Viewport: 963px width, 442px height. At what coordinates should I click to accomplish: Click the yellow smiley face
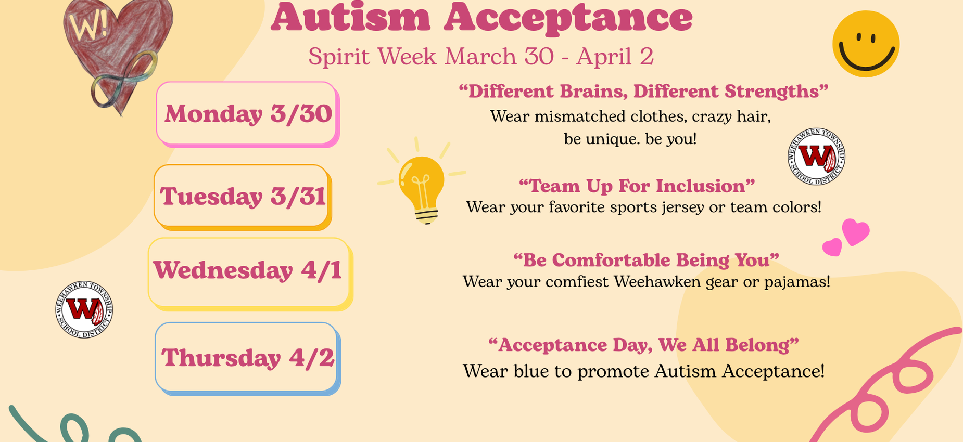(866, 44)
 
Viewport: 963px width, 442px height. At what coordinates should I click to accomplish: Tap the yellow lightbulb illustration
(422, 187)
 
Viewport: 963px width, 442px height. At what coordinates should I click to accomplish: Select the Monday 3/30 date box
(247, 114)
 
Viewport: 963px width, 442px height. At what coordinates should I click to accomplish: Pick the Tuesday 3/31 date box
(242, 197)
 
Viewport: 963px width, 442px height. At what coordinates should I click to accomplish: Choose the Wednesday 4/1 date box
(249, 272)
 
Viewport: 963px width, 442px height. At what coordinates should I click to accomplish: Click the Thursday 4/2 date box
(247, 358)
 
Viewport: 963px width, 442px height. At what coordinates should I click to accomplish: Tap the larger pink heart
(856, 231)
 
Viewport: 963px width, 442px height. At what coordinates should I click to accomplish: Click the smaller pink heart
(832, 247)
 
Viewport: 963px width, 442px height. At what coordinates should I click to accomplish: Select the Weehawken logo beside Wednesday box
(84, 310)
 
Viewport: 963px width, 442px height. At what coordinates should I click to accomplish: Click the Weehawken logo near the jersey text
(816, 157)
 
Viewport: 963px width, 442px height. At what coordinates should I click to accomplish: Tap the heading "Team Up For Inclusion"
(637, 186)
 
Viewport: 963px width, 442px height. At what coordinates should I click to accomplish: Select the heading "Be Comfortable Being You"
(646, 260)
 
